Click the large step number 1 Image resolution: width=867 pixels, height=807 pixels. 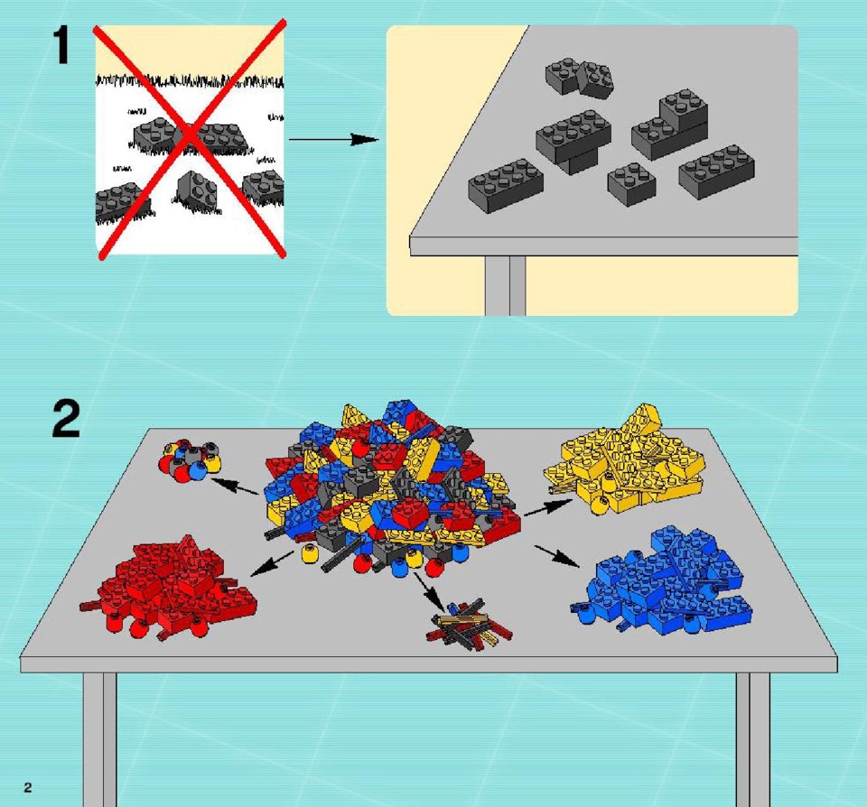tap(61, 46)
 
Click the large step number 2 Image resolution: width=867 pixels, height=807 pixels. tap(66, 419)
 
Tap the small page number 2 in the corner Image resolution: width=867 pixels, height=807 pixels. tap(28, 788)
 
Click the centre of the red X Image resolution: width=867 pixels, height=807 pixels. tap(191, 138)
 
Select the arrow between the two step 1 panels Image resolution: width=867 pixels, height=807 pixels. tap(334, 139)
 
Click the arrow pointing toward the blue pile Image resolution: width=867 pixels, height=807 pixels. tap(557, 556)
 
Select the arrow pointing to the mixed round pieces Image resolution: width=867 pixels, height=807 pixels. tap(235, 487)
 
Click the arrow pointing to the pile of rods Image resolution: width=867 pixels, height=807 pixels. tap(430, 591)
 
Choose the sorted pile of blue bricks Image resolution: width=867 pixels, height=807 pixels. tap(661, 580)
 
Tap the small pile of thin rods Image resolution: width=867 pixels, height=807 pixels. tap(470, 624)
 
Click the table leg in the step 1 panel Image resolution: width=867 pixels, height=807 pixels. tap(506, 286)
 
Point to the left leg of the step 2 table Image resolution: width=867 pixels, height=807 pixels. tap(100, 739)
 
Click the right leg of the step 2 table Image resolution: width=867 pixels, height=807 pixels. tap(752, 739)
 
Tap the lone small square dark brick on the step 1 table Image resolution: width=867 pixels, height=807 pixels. tap(632, 183)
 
